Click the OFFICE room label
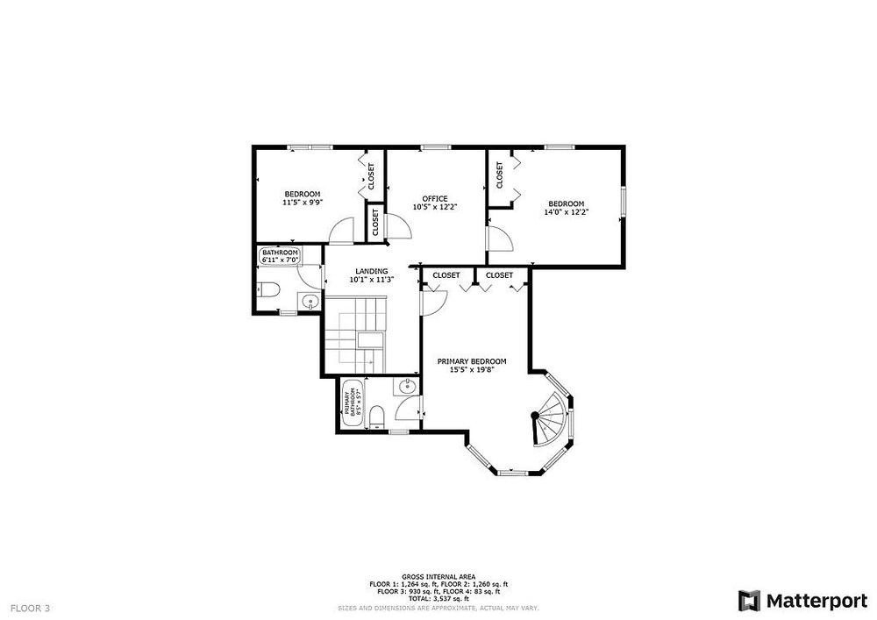coord(435,198)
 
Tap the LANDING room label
coord(371,271)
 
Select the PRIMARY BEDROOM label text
coord(472,361)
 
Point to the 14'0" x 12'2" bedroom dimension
coord(566,212)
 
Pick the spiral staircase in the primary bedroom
coord(550,418)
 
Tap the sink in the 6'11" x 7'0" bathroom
coord(309,302)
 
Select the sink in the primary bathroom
coord(406,386)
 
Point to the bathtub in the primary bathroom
coord(352,403)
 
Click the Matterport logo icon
coord(749,601)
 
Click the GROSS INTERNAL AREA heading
coord(438,576)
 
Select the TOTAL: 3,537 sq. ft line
coord(438,598)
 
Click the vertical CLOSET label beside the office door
coord(375,222)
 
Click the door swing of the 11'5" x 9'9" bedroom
coord(341,231)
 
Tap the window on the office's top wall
coord(436,147)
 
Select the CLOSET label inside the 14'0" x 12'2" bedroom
coord(500,175)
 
